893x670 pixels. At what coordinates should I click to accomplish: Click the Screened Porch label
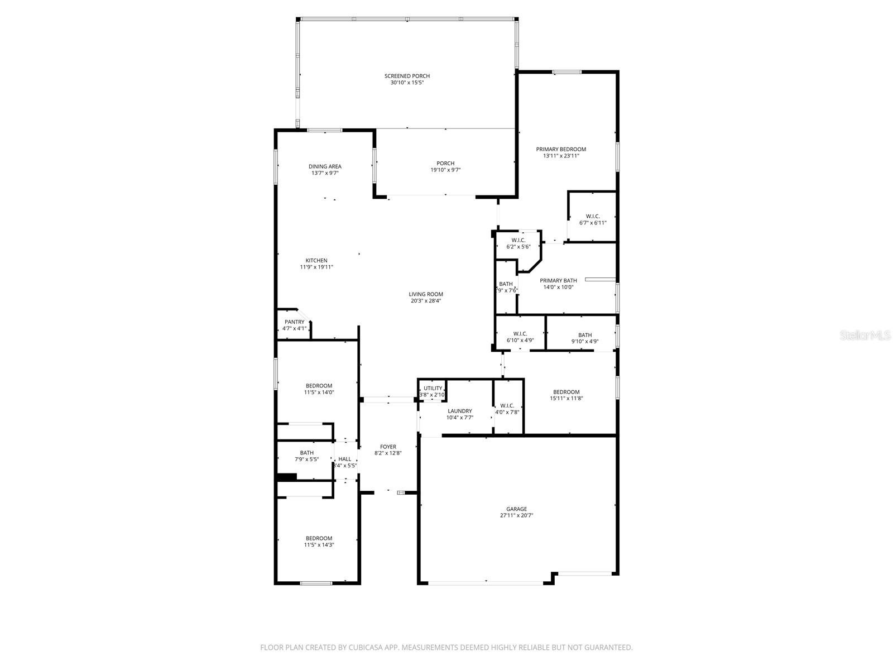(407, 76)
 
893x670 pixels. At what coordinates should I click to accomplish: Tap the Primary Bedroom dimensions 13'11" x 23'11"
(561, 156)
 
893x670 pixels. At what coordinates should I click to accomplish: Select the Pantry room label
(294, 322)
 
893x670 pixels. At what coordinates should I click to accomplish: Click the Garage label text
(516, 509)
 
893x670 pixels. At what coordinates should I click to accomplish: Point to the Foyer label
(388, 447)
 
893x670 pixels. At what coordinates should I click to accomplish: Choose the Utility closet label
(433, 389)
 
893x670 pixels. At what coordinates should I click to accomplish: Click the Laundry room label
(459, 411)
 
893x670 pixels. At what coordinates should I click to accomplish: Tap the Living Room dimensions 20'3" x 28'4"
(426, 301)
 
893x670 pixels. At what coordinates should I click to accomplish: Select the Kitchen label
(316, 261)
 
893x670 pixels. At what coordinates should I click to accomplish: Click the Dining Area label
(325, 166)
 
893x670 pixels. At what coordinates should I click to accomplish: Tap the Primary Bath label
(558, 281)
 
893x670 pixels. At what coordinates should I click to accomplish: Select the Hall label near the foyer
(345, 459)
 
